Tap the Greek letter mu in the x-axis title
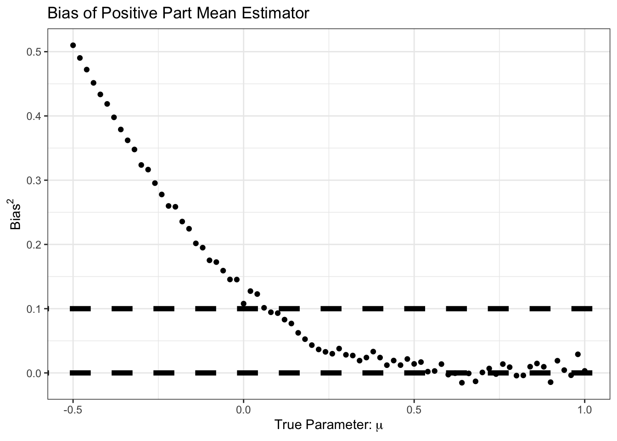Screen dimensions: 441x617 coord(379,426)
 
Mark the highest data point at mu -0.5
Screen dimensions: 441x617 coord(73,45)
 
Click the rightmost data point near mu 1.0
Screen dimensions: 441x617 coord(584,371)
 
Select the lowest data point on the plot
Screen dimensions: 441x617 coord(462,383)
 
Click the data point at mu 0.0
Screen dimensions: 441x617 coord(243,304)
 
